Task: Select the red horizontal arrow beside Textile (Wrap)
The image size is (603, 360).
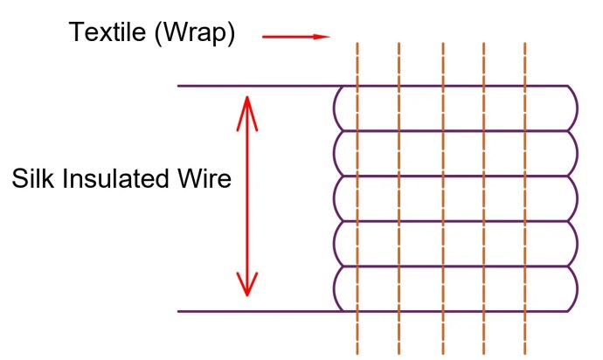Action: tap(295, 37)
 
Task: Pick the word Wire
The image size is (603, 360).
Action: tap(207, 179)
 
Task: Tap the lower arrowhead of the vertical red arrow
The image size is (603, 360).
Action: tap(248, 285)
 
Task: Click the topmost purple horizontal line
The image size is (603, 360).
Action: tap(262, 86)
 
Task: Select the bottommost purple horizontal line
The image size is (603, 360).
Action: tap(262, 311)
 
